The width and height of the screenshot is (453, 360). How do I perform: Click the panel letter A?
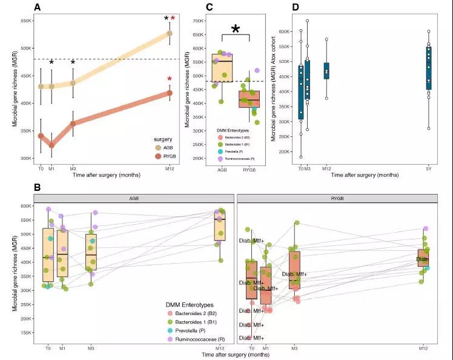pos(38,7)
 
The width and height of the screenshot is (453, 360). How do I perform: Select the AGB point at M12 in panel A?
pos(170,33)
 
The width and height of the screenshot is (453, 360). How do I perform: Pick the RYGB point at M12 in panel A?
pos(170,93)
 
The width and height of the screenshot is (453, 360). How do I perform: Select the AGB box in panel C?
pos(222,67)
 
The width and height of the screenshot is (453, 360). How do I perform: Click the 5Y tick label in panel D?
pos(429,168)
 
